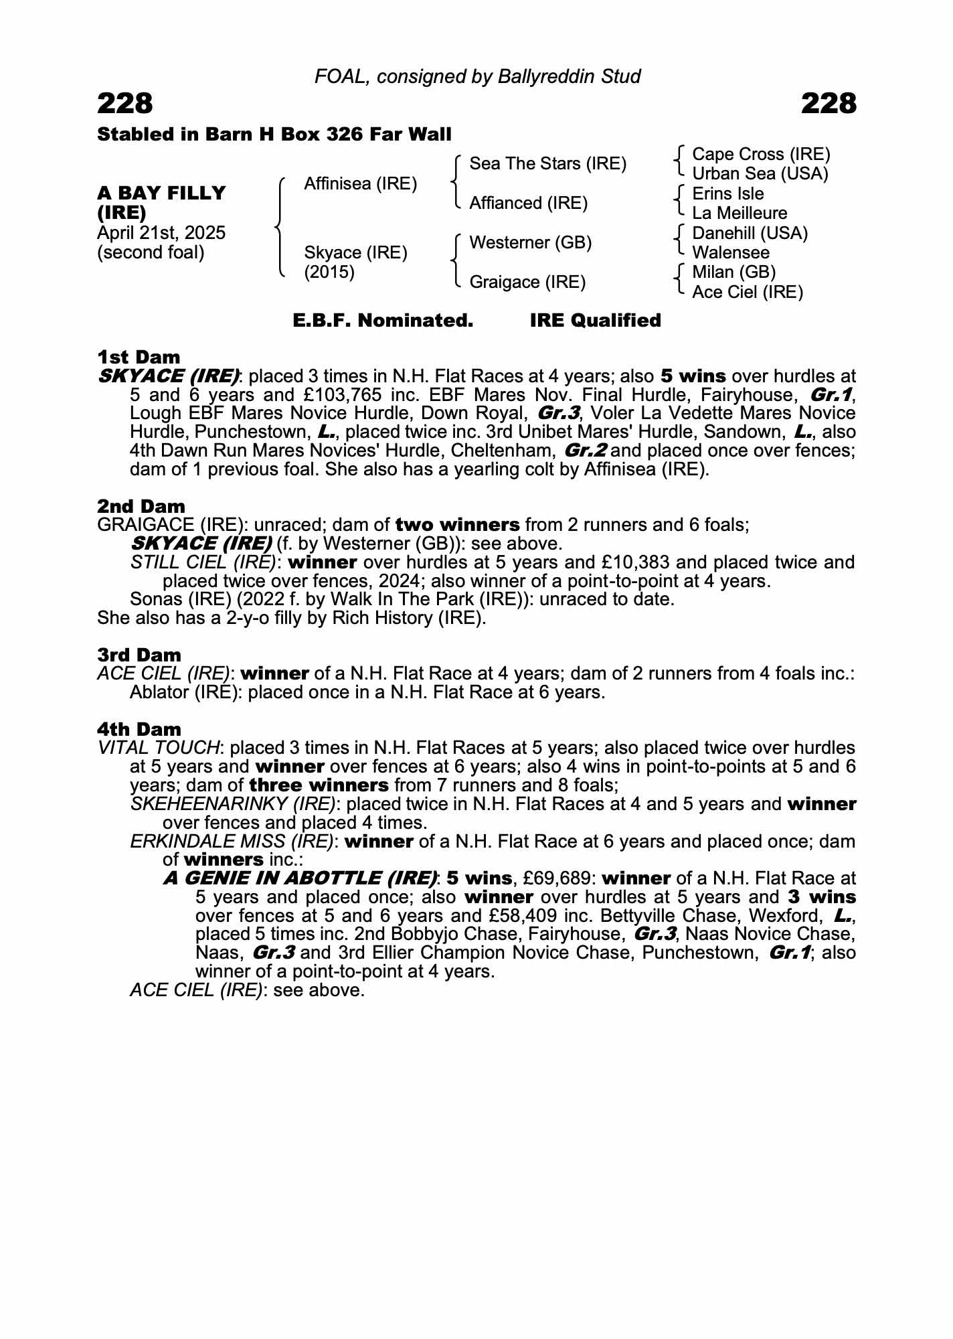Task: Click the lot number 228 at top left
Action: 125,104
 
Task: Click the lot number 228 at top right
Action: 828,104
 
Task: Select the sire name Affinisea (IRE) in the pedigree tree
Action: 360,183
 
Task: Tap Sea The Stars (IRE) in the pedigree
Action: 547,163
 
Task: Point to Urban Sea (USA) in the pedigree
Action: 760,174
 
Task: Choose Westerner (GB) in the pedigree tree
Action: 530,242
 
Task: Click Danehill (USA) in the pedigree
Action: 750,233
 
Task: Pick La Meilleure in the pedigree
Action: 739,214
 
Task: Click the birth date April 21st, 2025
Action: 161,233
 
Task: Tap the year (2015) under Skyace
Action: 329,272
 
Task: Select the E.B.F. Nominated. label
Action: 383,321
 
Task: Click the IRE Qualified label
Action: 595,321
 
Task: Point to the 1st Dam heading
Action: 139,357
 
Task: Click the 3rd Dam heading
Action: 139,655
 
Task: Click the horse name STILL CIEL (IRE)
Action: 203,562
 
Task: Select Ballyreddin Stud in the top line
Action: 569,76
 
